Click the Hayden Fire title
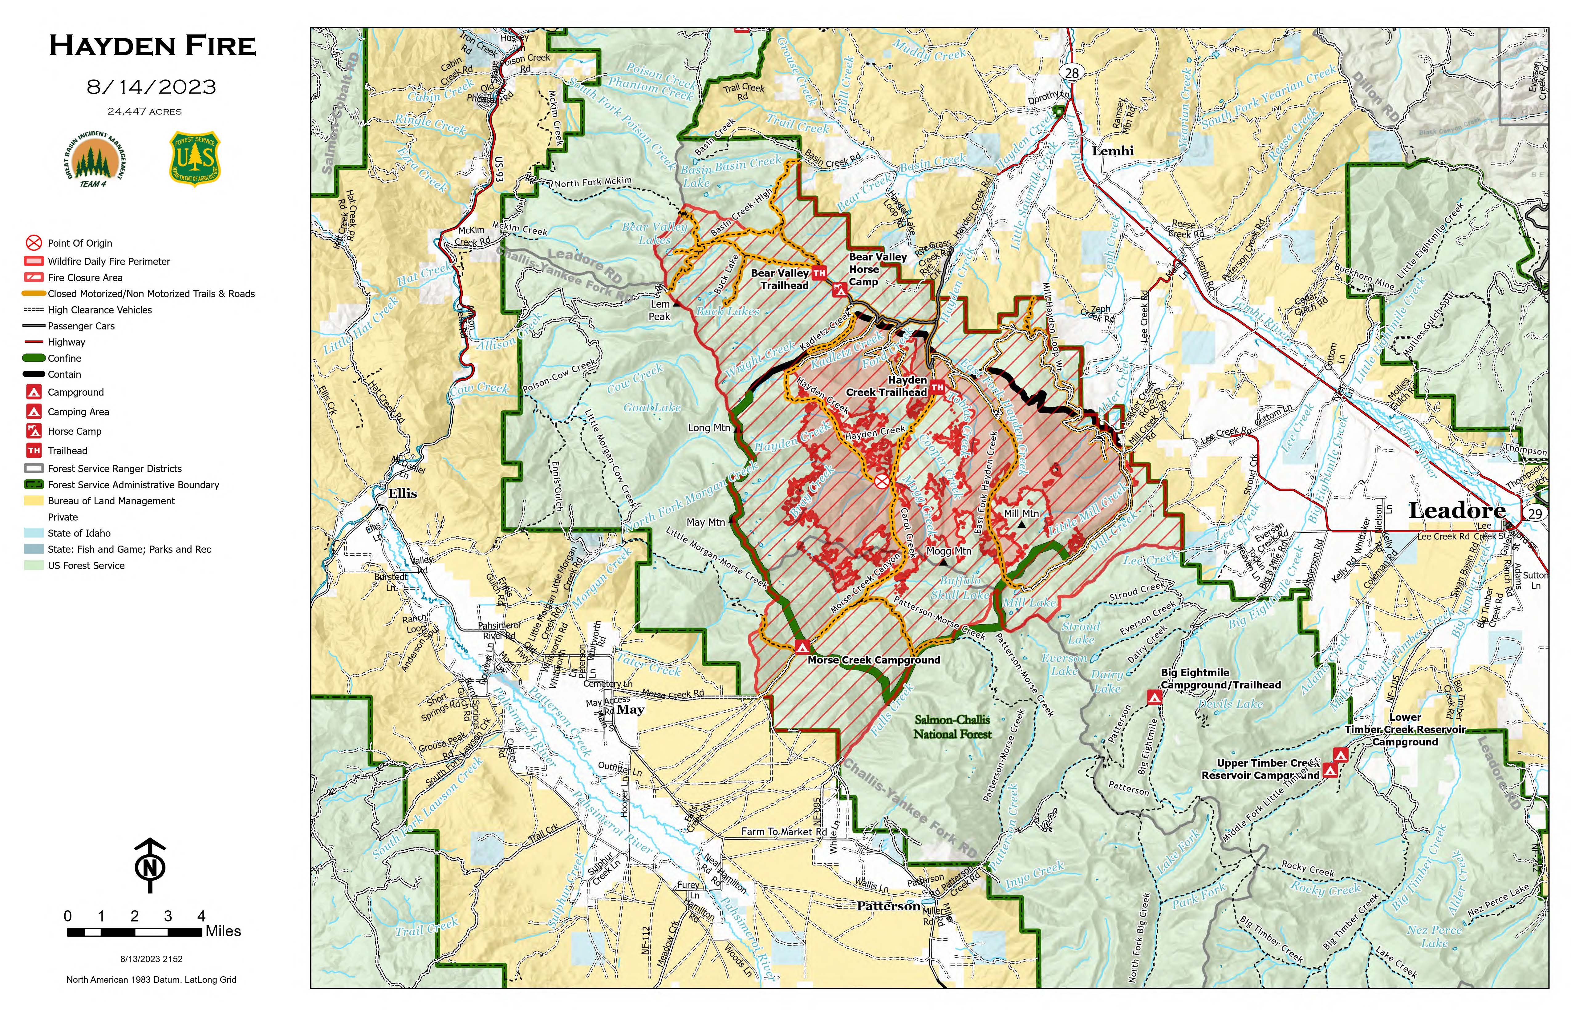click(x=152, y=46)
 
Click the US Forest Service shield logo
click(x=195, y=158)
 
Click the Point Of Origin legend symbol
click(x=34, y=243)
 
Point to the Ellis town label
click(x=403, y=494)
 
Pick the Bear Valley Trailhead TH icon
click(x=819, y=272)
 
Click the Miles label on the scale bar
click(x=223, y=931)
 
